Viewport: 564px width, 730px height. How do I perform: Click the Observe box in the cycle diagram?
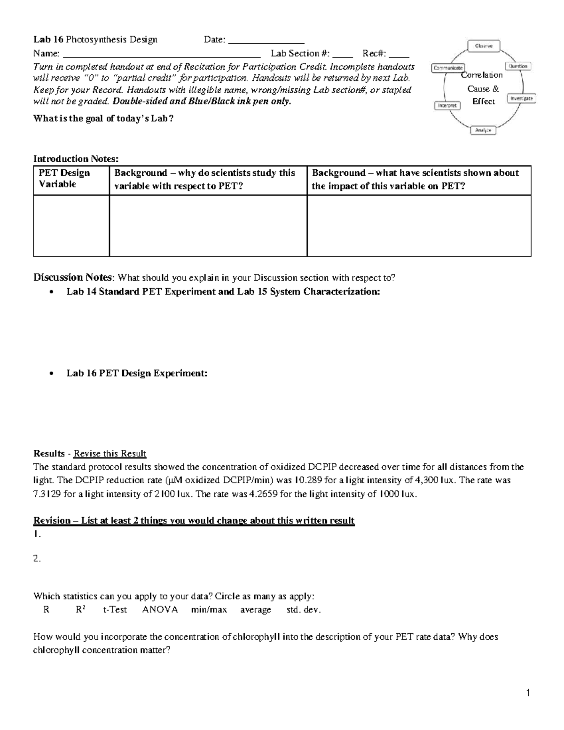(483, 46)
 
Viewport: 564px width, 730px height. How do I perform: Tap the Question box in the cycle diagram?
(518, 66)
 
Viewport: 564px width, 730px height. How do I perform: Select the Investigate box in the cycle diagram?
(521, 98)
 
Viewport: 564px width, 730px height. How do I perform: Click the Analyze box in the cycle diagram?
(483, 130)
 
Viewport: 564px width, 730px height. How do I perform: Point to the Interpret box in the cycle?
(447, 106)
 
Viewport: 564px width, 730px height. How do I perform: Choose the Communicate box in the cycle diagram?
(448, 68)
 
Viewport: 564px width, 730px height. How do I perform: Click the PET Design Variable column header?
(64, 179)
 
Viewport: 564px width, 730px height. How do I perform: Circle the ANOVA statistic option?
(160, 610)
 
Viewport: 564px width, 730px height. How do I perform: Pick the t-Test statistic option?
(115, 610)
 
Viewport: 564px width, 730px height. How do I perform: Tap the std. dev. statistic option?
(304, 610)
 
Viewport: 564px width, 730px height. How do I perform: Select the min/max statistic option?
(209, 610)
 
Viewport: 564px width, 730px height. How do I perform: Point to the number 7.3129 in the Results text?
(47, 494)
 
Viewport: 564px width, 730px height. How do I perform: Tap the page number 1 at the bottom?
(528, 693)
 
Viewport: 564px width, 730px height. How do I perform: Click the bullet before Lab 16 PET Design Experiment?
(52, 373)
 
